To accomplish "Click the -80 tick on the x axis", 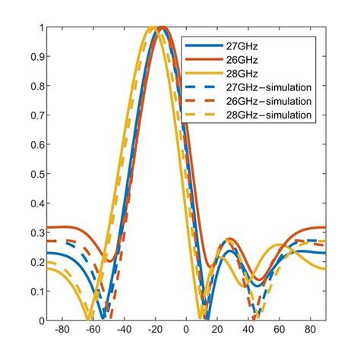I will (62, 331).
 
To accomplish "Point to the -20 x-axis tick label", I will (155, 331).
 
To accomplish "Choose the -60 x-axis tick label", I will (93, 331).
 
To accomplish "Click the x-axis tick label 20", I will (217, 331).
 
